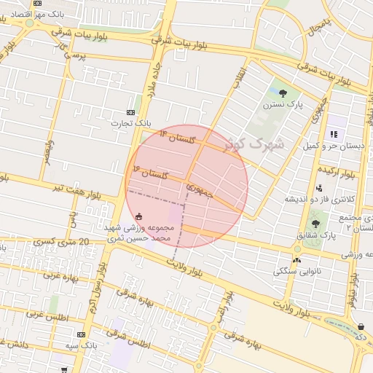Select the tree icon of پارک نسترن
click(x=283, y=93)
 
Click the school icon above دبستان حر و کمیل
click(x=334, y=134)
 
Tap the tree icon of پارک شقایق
click(x=315, y=224)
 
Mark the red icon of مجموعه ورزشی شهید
click(x=139, y=216)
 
